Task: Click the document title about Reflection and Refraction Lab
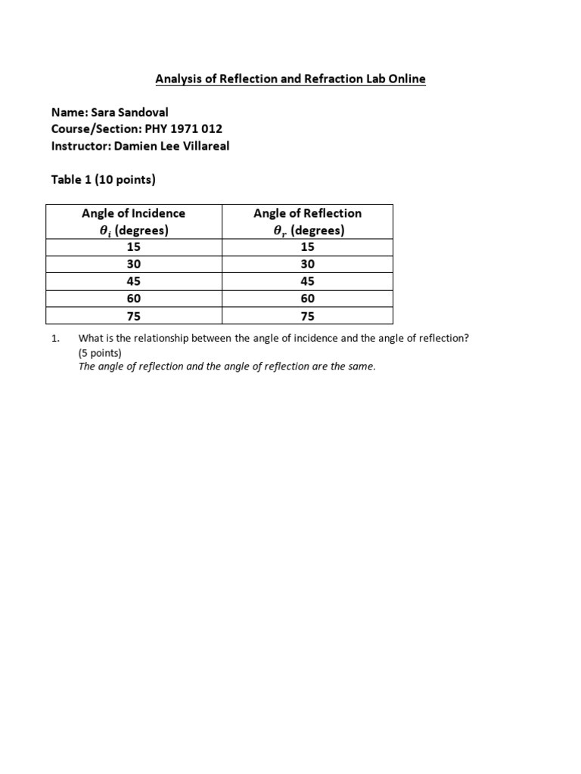(x=290, y=79)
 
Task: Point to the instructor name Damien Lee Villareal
(x=172, y=146)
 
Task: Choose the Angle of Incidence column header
(x=133, y=221)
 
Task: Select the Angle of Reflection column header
(x=307, y=221)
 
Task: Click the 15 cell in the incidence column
(x=133, y=247)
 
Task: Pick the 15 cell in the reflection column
(x=307, y=247)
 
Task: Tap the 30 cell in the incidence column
(x=133, y=265)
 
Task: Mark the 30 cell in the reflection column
(x=307, y=265)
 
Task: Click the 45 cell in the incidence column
(x=133, y=282)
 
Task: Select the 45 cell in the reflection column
(x=307, y=282)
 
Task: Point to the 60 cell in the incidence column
(x=133, y=299)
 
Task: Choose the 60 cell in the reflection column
(x=307, y=299)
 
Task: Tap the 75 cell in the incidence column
(x=133, y=317)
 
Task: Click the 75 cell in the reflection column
(x=307, y=317)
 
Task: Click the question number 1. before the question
(x=55, y=339)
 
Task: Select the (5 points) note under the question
(x=100, y=353)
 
